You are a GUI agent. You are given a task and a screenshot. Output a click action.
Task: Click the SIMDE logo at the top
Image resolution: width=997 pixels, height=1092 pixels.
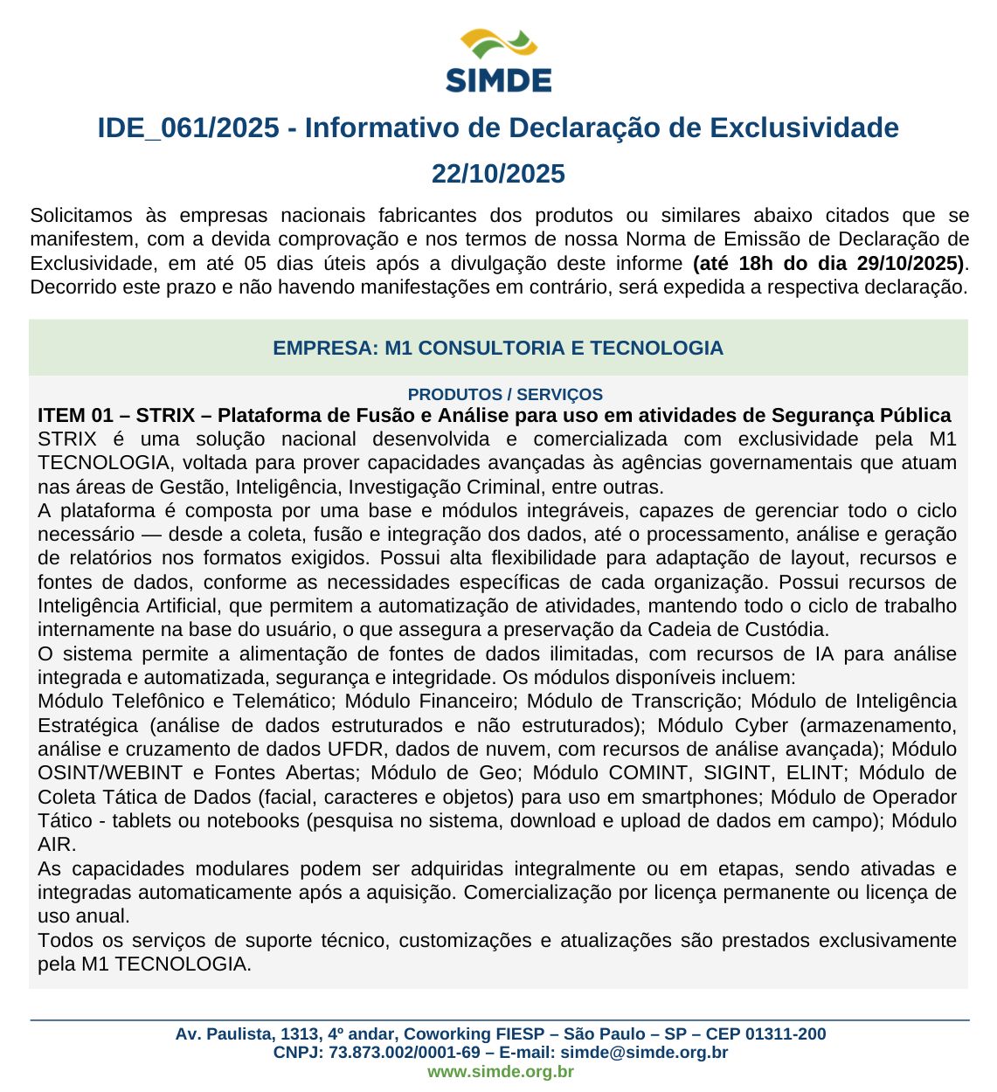tap(498, 60)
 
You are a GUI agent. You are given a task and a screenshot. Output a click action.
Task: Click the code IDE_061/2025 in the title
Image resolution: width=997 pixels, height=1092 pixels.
tap(188, 128)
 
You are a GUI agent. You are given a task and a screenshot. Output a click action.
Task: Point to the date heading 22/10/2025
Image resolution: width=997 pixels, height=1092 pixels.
tap(498, 174)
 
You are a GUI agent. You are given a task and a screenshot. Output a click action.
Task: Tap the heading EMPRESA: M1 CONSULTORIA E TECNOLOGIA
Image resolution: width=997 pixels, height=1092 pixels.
tap(498, 348)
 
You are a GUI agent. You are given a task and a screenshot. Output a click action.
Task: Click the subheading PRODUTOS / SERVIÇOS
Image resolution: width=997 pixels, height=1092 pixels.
tap(505, 394)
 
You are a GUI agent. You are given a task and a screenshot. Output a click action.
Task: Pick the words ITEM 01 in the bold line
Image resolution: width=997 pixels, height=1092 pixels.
tap(75, 415)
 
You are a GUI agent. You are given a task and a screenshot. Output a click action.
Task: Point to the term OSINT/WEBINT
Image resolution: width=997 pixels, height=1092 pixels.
tap(110, 773)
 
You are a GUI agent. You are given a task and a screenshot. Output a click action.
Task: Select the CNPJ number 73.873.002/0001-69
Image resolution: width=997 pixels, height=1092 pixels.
tap(405, 1053)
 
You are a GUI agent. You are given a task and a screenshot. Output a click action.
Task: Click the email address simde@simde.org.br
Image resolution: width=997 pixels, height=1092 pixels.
tap(644, 1053)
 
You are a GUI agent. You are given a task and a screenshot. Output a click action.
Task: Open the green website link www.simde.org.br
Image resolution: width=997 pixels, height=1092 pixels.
tap(500, 1072)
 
